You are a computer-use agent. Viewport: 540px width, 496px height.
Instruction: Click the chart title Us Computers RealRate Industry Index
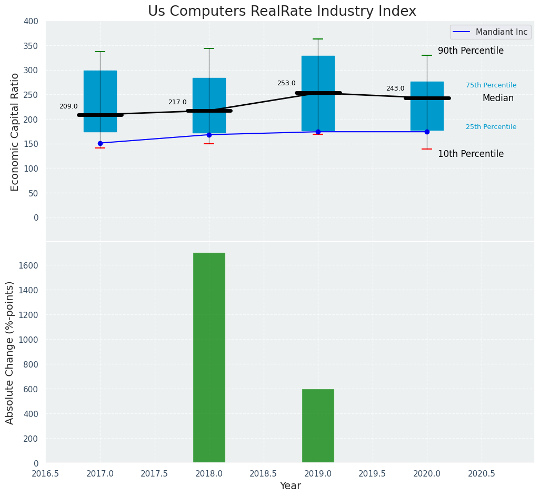click(x=282, y=12)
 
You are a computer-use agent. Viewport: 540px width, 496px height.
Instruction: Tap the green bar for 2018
click(x=209, y=358)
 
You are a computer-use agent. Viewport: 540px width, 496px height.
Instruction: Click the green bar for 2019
click(x=318, y=425)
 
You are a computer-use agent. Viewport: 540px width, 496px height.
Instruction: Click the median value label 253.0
click(x=286, y=83)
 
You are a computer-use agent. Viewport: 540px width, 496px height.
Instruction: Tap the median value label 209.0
click(x=68, y=106)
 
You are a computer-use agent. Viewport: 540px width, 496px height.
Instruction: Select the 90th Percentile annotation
click(x=471, y=51)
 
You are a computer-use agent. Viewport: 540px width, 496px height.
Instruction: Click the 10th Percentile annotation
click(x=471, y=154)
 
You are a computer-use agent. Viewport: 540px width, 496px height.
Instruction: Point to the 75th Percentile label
click(x=491, y=85)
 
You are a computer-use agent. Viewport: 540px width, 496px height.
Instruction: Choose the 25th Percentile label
click(x=491, y=127)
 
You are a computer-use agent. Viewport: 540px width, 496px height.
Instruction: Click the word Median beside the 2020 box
click(x=498, y=98)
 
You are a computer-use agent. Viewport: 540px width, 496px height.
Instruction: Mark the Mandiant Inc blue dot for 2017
click(x=100, y=143)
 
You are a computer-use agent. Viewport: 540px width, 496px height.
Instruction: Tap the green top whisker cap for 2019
click(x=318, y=39)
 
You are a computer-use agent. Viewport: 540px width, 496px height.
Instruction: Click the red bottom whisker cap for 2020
click(x=427, y=149)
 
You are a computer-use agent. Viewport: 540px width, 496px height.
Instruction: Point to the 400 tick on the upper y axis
click(x=31, y=22)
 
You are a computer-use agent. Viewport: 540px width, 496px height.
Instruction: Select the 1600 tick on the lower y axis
click(x=29, y=265)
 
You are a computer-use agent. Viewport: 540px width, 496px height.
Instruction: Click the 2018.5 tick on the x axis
click(x=263, y=474)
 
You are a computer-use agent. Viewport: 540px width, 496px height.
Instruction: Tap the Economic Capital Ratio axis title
click(x=15, y=132)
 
